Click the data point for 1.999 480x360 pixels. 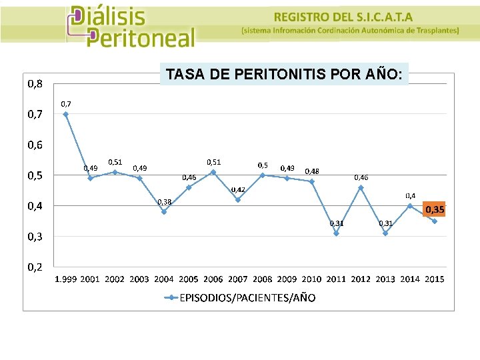[65, 114]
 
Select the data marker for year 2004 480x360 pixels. [164, 211]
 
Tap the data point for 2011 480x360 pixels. [337, 233]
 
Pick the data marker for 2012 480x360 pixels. [361, 187]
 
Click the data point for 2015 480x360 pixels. [435, 221]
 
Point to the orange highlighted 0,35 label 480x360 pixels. [435, 209]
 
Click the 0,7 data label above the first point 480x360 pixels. [66, 103]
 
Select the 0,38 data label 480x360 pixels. [164, 201]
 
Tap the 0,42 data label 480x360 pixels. [238, 189]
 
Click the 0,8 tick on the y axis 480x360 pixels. [35, 83]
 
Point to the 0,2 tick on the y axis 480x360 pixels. [35, 267]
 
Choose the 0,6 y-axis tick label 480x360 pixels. [35, 145]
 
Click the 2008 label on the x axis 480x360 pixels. [263, 279]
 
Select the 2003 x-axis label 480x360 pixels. [139, 279]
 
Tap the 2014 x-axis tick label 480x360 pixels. [410, 279]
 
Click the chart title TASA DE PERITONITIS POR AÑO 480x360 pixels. [284, 74]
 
